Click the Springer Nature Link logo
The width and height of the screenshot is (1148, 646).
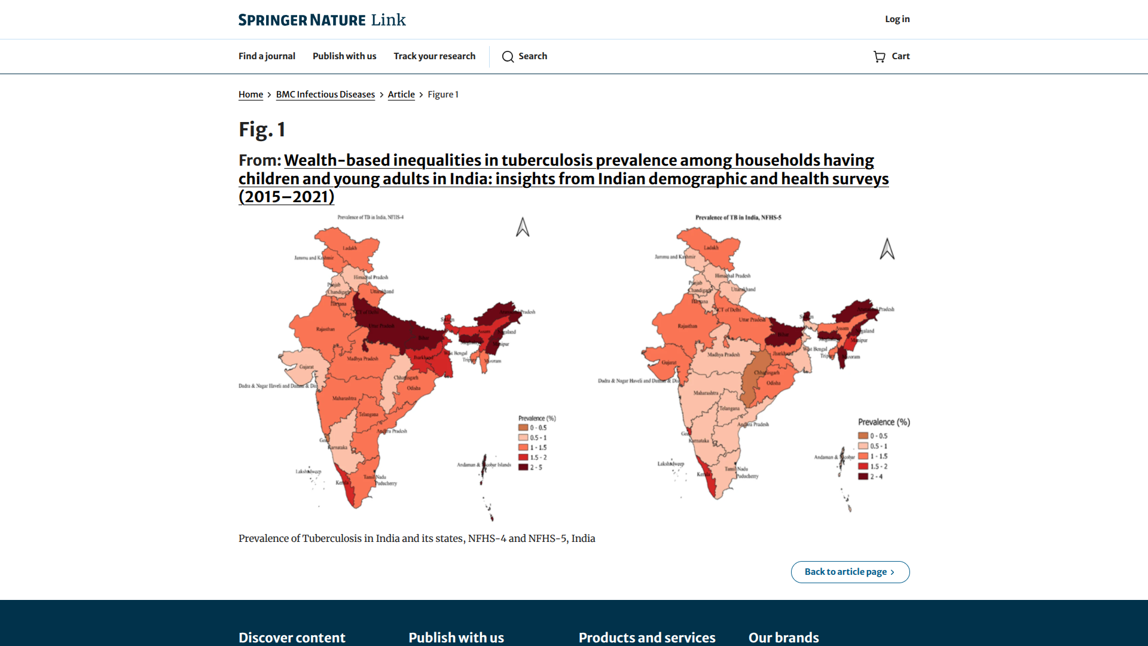(322, 20)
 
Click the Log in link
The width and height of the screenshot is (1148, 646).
(897, 19)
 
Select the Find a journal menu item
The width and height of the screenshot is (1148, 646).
(267, 56)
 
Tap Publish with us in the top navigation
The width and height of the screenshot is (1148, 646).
(344, 56)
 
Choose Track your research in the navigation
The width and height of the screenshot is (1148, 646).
(434, 56)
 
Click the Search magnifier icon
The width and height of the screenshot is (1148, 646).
(508, 57)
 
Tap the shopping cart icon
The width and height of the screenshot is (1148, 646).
(879, 57)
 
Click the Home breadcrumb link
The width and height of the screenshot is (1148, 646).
(251, 95)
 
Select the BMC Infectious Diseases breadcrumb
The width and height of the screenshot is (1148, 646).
(325, 95)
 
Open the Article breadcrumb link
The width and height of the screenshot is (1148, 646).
(401, 95)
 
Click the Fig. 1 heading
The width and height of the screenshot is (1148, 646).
(262, 129)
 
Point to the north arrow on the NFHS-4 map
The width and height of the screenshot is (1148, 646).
(523, 227)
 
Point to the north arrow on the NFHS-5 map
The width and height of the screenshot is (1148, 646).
(887, 249)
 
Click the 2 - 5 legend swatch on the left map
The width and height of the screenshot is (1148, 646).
(523, 467)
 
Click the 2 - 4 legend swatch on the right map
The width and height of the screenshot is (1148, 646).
(863, 476)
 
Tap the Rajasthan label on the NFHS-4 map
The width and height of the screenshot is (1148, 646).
(325, 329)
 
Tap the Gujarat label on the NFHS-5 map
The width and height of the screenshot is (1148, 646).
(669, 362)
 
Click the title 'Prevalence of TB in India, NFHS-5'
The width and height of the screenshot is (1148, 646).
(738, 218)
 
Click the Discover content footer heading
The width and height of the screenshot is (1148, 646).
(292, 638)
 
